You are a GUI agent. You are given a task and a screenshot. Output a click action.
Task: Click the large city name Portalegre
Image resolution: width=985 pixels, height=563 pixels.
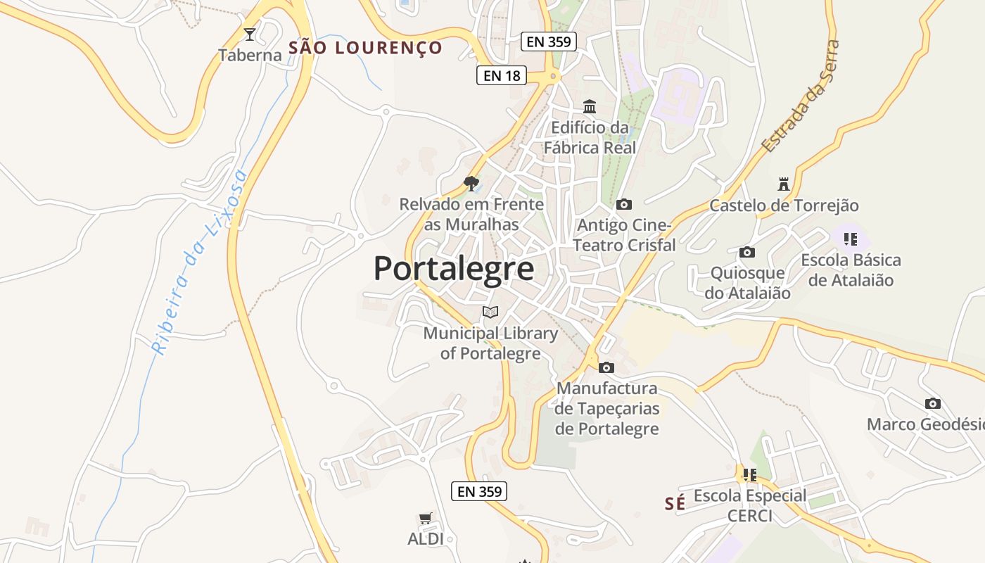coord(453,269)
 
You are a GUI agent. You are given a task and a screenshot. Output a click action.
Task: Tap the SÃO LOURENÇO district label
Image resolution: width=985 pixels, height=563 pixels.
coord(366,48)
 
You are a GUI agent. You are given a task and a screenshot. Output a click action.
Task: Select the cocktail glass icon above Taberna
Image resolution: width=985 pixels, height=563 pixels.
coord(249,34)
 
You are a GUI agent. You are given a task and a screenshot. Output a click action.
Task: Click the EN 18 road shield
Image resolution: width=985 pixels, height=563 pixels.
coord(502,75)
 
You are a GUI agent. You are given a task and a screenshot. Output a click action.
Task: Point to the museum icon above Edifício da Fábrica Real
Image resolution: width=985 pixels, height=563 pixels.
coord(590,107)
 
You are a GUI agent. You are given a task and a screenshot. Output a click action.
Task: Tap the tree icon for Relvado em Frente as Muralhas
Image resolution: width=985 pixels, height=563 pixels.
coord(471,184)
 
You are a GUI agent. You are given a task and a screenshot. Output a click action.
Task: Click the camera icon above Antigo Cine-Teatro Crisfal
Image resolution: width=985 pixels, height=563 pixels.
coord(623,205)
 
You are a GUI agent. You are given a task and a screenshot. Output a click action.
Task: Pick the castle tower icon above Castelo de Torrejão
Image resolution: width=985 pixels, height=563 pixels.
coord(783,185)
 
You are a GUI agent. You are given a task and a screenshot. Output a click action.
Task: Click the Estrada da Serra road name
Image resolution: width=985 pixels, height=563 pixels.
coord(801,97)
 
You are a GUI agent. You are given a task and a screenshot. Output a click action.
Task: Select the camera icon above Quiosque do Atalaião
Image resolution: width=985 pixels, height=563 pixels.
coord(747,253)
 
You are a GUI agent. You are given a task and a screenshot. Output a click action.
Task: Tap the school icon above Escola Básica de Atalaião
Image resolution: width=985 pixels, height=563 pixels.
coord(851,239)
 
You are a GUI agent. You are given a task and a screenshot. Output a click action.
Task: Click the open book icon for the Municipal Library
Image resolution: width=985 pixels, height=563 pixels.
coord(490,312)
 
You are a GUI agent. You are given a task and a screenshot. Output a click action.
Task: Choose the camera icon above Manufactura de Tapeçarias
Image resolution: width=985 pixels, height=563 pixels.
coord(606,367)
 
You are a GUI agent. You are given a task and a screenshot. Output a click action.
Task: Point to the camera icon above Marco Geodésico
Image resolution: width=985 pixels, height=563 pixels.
coord(933,404)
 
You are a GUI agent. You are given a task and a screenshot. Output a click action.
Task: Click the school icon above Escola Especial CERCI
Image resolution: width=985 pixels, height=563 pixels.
coord(750,475)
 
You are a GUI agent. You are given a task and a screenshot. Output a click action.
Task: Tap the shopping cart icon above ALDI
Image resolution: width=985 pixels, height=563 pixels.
coord(425,519)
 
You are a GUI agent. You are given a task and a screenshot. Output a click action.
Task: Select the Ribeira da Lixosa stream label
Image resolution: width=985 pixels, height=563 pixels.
coord(199,262)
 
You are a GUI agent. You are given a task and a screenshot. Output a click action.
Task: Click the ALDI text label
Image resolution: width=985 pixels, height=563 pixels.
coord(426,539)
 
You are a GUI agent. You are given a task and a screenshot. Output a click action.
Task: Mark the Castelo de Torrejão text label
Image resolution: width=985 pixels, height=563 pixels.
coord(784,205)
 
